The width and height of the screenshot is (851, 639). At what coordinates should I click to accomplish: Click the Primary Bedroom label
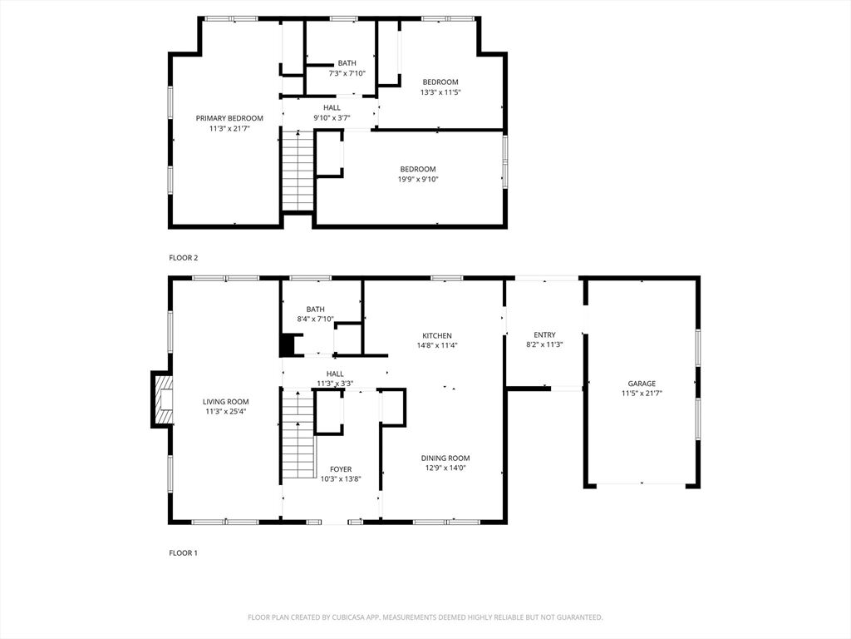(229, 118)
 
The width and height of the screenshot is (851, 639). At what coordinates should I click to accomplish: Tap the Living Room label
(226, 402)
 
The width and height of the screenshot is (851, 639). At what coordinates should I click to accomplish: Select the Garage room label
(642, 384)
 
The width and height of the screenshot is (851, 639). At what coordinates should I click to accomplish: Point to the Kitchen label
(437, 336)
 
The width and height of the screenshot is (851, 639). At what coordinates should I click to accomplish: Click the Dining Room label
(445, 458)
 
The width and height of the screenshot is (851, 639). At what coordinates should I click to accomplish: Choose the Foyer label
(341, 469)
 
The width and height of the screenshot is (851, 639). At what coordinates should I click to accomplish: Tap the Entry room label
(544, 334)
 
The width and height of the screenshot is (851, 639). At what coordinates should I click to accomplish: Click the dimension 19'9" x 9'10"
(418, 180)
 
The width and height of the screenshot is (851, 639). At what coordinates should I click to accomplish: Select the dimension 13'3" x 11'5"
(440, 92)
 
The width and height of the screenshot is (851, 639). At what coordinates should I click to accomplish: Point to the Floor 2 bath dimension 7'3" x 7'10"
(347, 73)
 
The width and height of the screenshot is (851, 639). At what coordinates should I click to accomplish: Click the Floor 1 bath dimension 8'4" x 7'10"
(315, 319)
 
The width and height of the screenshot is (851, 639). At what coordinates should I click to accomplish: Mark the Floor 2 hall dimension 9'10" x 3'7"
(332, 117)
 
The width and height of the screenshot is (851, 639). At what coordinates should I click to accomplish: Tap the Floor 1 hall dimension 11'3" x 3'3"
(335, 384)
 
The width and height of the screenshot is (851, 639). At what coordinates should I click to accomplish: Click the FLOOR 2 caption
(184, 258)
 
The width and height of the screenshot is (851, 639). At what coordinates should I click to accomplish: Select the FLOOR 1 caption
(184, 552)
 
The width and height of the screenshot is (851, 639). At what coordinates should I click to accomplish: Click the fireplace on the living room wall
(162, 399)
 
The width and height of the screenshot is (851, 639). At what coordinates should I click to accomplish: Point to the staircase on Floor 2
(298, 171)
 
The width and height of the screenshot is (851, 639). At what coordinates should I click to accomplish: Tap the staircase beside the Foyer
(298, 434)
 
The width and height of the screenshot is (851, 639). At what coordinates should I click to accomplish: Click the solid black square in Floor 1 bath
(287, 345)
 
